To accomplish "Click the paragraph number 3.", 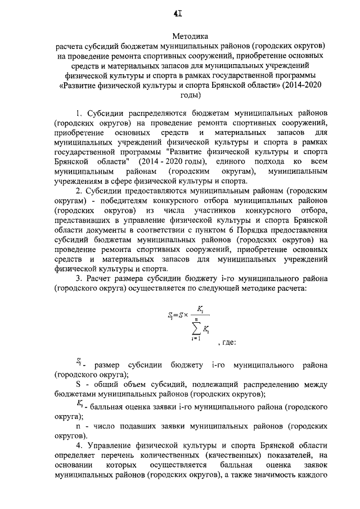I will pos(82,278).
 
